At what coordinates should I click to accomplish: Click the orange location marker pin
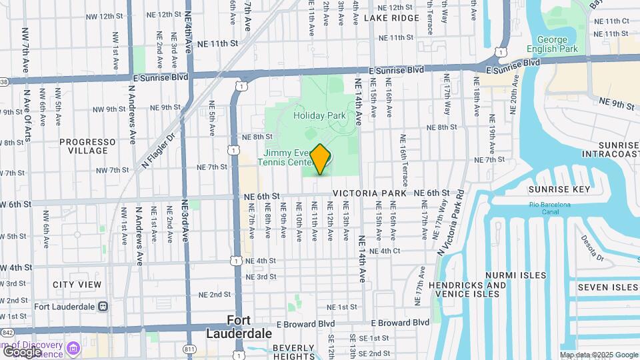(320, 159)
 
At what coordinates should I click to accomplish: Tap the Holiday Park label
(320, 115)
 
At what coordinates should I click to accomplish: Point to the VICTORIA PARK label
(369, 193)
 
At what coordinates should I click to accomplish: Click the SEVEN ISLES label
(607, 287)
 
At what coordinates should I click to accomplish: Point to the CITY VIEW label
(77, 285)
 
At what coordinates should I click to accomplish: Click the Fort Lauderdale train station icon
(103, 307)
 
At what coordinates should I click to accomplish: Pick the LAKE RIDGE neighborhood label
(391, 18)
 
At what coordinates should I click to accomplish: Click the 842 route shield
(7, 332)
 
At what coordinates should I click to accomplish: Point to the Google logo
(21, 351)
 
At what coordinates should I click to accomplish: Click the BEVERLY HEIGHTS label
(293, 352)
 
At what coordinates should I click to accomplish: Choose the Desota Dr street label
(591, 248)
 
